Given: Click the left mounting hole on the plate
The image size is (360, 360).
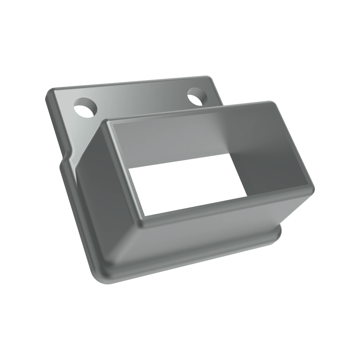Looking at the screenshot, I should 86,108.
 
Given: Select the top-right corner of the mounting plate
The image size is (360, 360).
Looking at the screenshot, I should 214,79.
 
